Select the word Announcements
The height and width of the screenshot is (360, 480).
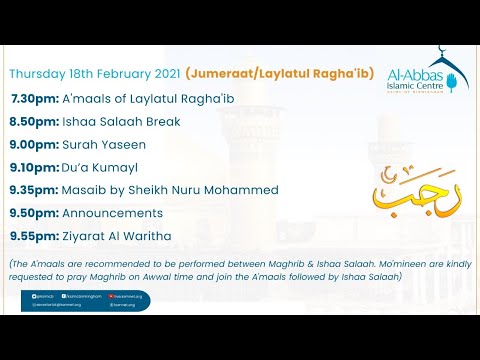pos(112,212)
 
